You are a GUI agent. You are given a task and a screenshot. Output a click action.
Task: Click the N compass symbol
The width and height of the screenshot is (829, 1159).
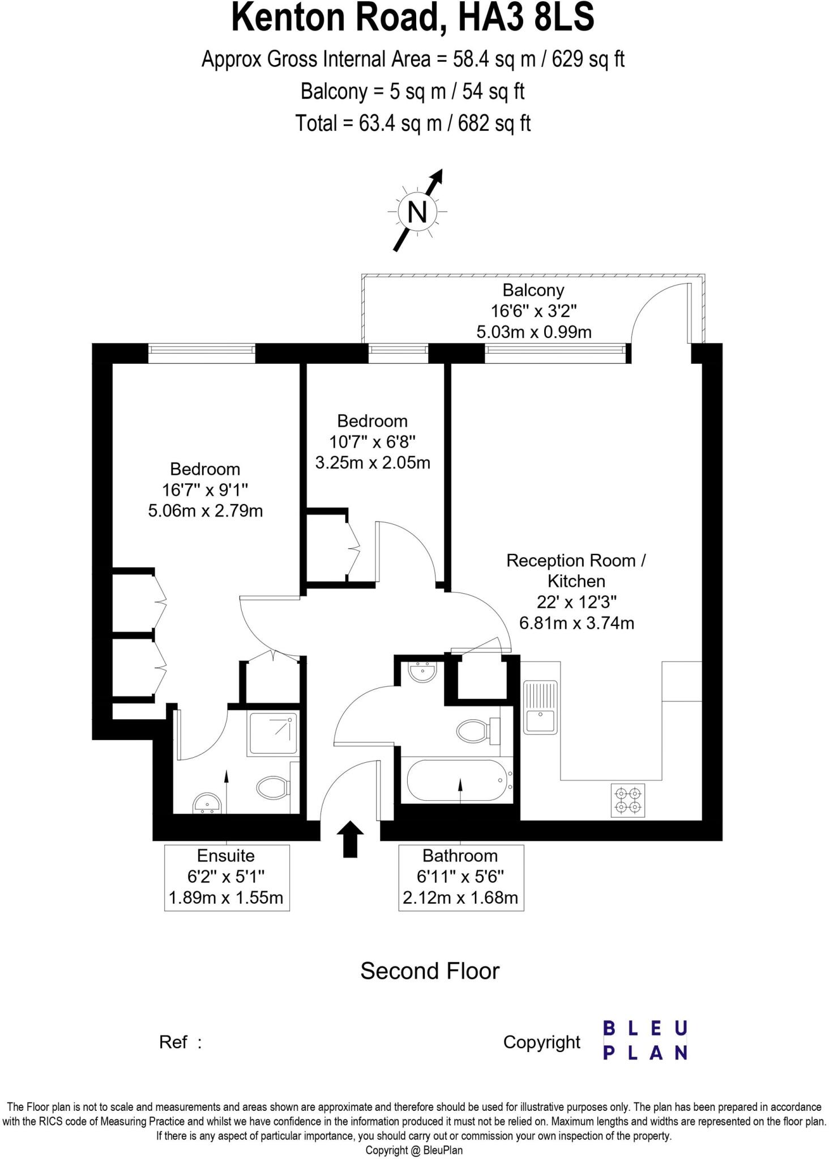417,212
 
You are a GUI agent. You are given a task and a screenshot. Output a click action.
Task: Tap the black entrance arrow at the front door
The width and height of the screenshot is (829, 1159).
350,839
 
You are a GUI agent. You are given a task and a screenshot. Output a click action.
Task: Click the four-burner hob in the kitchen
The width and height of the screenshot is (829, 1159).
628,800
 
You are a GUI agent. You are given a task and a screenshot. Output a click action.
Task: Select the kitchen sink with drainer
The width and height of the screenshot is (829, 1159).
540,707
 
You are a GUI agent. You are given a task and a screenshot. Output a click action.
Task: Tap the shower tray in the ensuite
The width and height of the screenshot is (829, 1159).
273,734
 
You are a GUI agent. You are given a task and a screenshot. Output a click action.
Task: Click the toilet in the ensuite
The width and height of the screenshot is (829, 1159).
274,787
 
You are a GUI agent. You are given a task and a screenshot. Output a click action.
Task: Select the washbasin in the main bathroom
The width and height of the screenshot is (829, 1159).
422,672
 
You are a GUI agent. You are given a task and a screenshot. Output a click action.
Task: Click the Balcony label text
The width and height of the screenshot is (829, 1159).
533,290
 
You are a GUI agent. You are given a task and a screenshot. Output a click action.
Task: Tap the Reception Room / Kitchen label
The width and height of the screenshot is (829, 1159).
576,570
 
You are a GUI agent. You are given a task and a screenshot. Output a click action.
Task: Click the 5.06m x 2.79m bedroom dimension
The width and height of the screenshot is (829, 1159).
205,511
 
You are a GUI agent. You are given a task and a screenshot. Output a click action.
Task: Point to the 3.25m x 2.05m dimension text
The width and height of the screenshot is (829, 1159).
372,463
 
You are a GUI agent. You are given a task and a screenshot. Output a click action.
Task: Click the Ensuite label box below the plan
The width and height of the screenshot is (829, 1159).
227,877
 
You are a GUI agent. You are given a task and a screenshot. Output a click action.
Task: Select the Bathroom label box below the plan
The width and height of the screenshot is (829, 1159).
460,877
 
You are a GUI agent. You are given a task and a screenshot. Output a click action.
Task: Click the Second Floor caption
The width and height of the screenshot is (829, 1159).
430,971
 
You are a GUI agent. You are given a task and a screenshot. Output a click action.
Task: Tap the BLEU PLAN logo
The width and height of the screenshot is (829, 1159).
644,1040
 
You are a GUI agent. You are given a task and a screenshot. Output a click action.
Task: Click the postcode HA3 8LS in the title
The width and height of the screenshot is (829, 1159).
526,18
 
